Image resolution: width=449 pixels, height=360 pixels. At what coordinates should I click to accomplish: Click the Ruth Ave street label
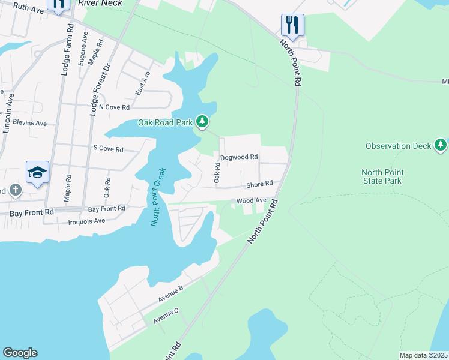28,9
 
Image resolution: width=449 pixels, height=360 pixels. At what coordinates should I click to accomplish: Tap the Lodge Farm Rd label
67,49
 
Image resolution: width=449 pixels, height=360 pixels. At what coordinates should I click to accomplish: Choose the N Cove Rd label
114,107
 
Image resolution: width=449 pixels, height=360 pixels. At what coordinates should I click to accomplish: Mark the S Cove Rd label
108,149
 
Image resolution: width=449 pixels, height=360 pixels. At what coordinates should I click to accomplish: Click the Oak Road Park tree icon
202,122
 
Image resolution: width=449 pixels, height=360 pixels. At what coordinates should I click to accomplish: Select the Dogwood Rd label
239,157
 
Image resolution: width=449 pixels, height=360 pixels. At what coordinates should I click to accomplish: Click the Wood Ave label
251,201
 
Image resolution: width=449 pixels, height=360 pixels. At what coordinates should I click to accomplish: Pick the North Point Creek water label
158,197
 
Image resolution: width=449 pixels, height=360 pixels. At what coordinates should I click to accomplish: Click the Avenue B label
170,293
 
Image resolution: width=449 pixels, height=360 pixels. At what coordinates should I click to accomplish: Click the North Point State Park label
382,176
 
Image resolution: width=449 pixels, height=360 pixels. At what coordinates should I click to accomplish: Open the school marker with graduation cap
37,172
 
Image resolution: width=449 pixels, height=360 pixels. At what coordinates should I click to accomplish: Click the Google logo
20,353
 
